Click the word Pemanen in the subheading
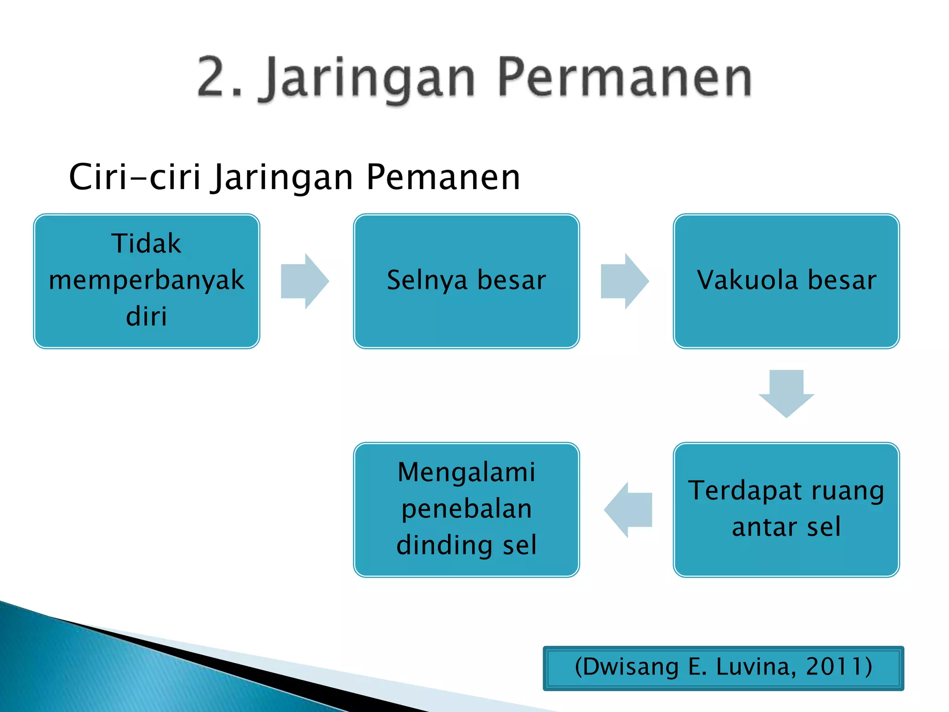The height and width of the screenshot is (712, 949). [443, 177]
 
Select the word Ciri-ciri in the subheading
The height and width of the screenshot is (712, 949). [134, 177]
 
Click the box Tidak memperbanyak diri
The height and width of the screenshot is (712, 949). [146, 281]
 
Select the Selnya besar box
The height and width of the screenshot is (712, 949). [466, 281]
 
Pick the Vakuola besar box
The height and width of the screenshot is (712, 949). [786, 281]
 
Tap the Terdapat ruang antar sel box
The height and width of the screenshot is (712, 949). [786, 509]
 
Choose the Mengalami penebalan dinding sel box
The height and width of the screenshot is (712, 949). [466, 509]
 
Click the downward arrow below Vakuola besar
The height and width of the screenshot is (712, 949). [786, 393]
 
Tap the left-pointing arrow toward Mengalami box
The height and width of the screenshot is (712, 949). [628, 509]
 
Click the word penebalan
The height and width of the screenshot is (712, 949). [466, 509]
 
